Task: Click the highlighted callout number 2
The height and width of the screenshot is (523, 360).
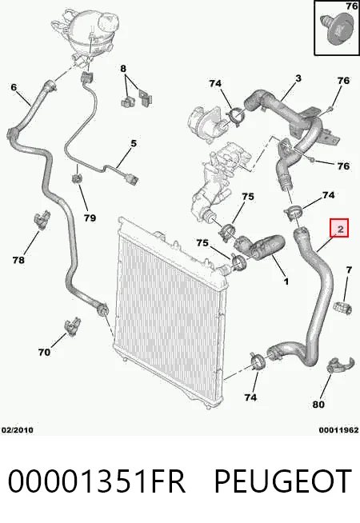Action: point(340,229)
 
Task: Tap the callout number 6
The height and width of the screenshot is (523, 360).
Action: point(14,87)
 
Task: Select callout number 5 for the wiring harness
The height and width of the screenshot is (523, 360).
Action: point(134,143)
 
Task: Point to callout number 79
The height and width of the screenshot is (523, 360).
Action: point(90,218)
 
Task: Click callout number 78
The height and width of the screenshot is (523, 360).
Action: point(18,260)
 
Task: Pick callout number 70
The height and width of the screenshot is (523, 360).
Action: point(44,352)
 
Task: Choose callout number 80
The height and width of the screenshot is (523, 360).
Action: point(318,405)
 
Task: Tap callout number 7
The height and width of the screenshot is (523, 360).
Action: point(349,269)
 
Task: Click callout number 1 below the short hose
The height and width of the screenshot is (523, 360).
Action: point(286,281)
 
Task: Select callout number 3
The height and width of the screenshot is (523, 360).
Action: point(298,78)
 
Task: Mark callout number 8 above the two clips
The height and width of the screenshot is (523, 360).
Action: point(123,69)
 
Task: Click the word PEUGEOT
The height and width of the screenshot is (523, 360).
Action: point(282,481)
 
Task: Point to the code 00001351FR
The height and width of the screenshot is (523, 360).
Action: point(97,481)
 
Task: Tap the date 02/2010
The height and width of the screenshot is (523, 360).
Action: point(18,430)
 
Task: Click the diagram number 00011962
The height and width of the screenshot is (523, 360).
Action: point(338,430)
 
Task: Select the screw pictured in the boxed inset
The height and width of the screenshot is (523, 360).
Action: point(337,29)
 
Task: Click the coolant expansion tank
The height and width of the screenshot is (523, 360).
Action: point(86,32)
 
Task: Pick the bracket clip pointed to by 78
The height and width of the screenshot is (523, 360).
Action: point(42,220)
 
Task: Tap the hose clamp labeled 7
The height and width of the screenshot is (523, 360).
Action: point(342,307)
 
